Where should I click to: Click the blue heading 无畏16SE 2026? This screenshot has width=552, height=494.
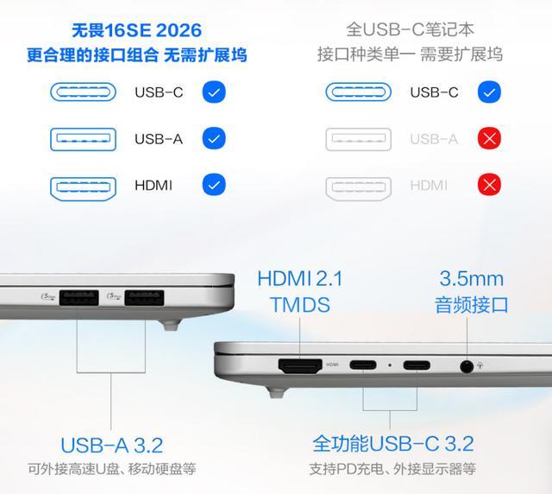pos(136,30)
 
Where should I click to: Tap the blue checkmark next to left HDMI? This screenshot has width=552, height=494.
pos(214,185)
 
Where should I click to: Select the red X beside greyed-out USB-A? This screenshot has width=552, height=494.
pos(489,138)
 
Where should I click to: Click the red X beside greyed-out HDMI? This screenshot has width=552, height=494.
pos(489,185)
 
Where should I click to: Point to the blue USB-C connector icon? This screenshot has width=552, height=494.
pos(83,92)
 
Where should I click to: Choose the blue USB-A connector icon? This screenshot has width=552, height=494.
pos(83,139)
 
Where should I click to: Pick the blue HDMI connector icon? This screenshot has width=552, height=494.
pos(83,188)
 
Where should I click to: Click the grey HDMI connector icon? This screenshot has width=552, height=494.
pos(359,188)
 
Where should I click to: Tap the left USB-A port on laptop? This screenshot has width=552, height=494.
pos(78,298)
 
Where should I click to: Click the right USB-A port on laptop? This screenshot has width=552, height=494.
pos(144,298)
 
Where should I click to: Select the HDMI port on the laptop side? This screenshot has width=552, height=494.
pos(300,366)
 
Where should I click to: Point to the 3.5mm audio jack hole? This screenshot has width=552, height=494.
pos(467,367)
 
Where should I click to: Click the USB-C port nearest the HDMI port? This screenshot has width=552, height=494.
pos(363,365)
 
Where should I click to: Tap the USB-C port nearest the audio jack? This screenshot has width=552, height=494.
pos(417,365)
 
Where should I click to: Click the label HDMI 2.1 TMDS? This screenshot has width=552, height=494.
pos(300,292)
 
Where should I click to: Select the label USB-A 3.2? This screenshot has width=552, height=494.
pos(111,445)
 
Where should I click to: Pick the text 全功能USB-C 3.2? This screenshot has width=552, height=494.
pos(393,444)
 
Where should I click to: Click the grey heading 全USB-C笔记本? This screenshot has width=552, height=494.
pos(411,29)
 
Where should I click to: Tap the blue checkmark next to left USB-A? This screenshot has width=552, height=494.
pos(214,138)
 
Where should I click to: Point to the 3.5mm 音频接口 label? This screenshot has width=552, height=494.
pos(472,292)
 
